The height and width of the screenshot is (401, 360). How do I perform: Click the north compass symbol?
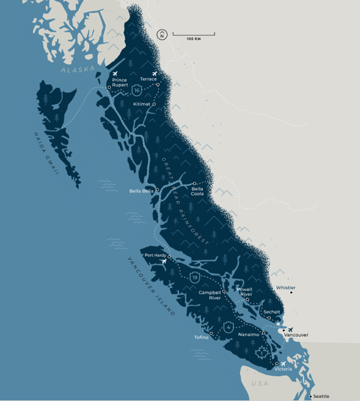(x=162, y=35)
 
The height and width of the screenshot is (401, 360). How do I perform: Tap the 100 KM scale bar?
(x=193, y=35)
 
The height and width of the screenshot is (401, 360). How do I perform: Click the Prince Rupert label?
(x=120, y=82)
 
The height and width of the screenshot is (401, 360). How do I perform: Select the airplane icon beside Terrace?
(x=154, y=74)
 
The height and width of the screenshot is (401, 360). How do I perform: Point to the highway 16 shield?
(x=136, y=91)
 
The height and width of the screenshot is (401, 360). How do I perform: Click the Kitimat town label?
(x=142, y=104)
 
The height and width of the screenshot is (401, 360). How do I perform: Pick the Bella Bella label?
(x=141, y=191)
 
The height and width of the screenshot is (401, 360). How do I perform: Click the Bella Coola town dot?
(x=194, y=183)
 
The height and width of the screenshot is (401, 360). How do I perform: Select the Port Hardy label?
(x=155, y=255)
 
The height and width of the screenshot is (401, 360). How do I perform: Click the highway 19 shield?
(x=194, y=278)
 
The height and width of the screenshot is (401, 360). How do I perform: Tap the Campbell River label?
(x=210, y=295)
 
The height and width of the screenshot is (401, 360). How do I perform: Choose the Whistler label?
(x=286, y=287)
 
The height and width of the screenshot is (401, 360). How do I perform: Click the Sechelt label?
(x=271, y=312)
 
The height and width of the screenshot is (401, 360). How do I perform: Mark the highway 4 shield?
(x=228, y=327)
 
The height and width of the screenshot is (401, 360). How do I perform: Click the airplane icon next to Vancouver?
(x=290, y=329)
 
